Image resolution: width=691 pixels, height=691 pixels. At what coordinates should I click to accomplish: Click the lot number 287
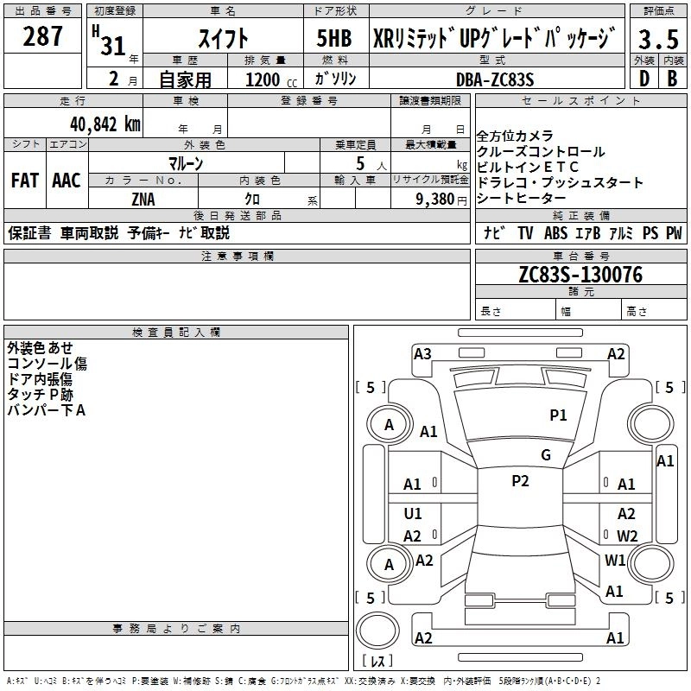(x=43, y=36)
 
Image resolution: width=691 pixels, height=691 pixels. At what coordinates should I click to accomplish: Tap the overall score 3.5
(x=657, y=38)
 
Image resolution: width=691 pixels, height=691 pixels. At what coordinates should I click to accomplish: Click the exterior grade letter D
(x=643, y=79)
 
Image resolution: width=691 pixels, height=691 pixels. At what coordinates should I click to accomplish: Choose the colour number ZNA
(x=143, y=199)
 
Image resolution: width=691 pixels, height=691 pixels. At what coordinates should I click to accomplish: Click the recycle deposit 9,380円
(x=441, y=199)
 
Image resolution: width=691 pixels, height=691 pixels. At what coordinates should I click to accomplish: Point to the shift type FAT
(x=24, y=181)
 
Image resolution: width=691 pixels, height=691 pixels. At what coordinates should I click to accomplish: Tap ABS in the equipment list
(x=556, y=233)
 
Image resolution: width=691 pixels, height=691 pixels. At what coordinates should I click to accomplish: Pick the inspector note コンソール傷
(x=47, y=364)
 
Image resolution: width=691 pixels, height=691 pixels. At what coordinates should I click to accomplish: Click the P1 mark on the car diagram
(x=558, y=415)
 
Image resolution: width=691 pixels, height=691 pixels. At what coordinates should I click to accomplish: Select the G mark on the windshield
(x=545, y=455)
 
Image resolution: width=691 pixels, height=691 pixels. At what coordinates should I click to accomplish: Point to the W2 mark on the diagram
(x=627, y=536)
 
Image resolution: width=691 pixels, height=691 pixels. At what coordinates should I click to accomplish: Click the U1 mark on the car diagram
(x=413, y=514)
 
